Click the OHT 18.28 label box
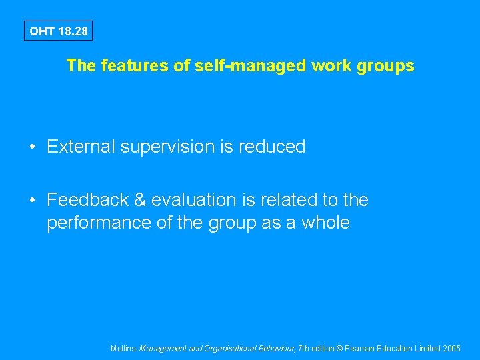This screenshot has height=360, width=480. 57,31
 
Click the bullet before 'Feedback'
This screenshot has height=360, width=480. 32,200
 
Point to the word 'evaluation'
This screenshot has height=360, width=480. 194,200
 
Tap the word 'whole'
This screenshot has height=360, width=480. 325,223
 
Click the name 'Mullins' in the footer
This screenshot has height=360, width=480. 124,349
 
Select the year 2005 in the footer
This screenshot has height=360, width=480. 451,349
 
